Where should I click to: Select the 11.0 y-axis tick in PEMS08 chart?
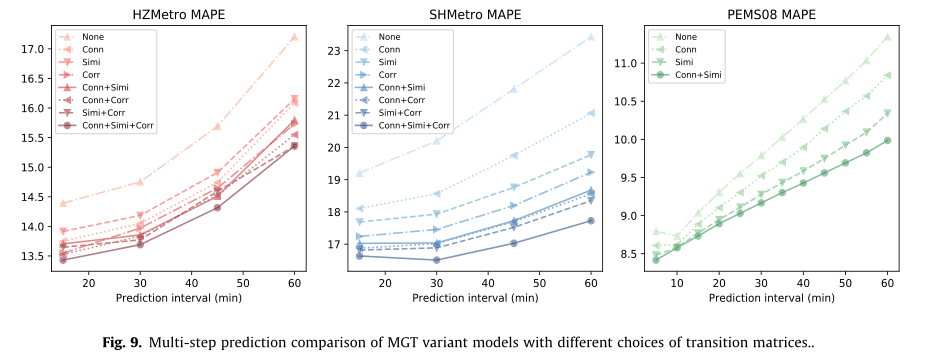tap(626, 63)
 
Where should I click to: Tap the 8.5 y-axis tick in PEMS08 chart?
tap(629, 254)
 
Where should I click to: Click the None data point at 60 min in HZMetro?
tap(294, 37)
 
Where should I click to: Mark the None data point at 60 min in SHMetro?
tap(591, 37)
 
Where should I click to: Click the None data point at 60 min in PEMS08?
tap(887, 37)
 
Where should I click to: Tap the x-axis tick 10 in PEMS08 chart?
tap(677, 283)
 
